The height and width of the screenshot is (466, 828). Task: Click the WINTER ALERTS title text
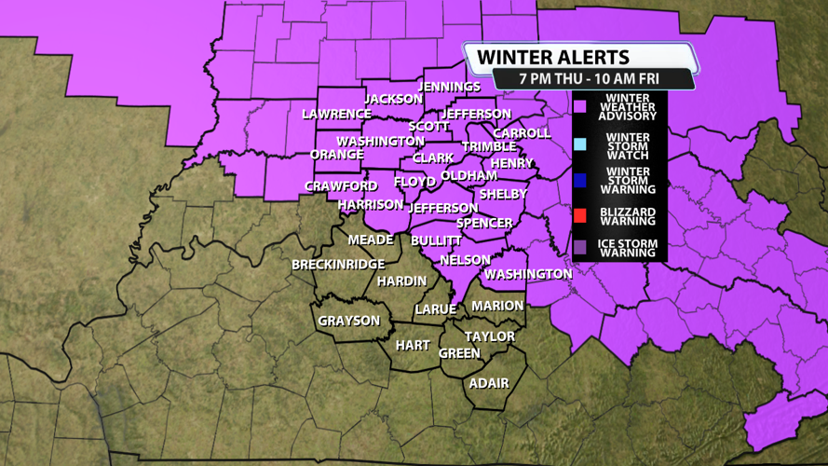coord(552,57)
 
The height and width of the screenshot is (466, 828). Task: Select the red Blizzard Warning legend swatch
coord(579,215)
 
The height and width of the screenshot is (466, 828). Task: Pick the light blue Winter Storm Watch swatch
coord(579,144)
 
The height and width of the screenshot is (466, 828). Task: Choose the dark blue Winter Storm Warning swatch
coord(579,180)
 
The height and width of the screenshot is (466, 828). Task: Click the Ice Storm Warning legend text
coord(629,248)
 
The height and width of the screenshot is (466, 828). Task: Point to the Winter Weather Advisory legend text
coord(629,107)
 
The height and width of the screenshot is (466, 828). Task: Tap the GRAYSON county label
coord(349,321)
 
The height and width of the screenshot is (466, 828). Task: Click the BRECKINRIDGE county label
coord(338,265)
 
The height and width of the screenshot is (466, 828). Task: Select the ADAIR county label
coord(489,383)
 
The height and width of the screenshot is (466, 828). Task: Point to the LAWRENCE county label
coord(336,114)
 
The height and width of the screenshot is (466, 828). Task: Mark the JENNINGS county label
coord(450,87)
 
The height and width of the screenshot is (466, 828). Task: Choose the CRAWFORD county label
coord(341,186)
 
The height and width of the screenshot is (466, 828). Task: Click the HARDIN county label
coord(402,281)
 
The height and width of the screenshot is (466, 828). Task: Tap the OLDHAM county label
coord(468,175)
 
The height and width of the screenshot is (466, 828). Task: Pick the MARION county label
coord(497,306)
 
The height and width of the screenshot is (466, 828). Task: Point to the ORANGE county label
coord(336,154)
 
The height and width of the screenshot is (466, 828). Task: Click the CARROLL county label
coord(522,133)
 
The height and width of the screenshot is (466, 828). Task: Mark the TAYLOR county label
coord(490,336)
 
